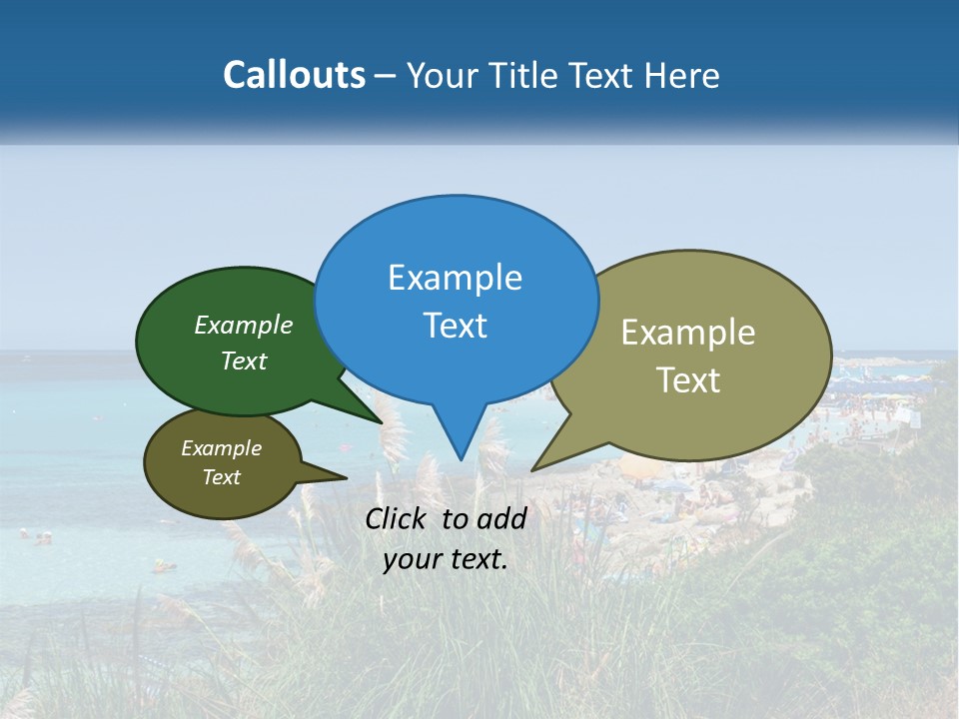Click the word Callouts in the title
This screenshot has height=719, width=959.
pos(294,75)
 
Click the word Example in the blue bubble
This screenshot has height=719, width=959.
pos(455,278)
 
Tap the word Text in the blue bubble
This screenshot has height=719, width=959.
pos(455,326)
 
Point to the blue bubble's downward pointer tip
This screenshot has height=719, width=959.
pos(461,458)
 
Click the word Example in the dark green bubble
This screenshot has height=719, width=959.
pos(244,326)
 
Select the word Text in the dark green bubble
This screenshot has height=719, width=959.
pos(244,360)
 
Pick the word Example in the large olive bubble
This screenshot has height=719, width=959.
pos(688,333)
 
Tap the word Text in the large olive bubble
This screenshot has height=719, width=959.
pos(688,380)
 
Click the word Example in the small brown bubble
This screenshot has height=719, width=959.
pos(222,448)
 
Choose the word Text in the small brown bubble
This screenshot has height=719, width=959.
pos(222,477)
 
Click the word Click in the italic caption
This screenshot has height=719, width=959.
pos(397,518)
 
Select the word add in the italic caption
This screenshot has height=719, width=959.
pos(501,518)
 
